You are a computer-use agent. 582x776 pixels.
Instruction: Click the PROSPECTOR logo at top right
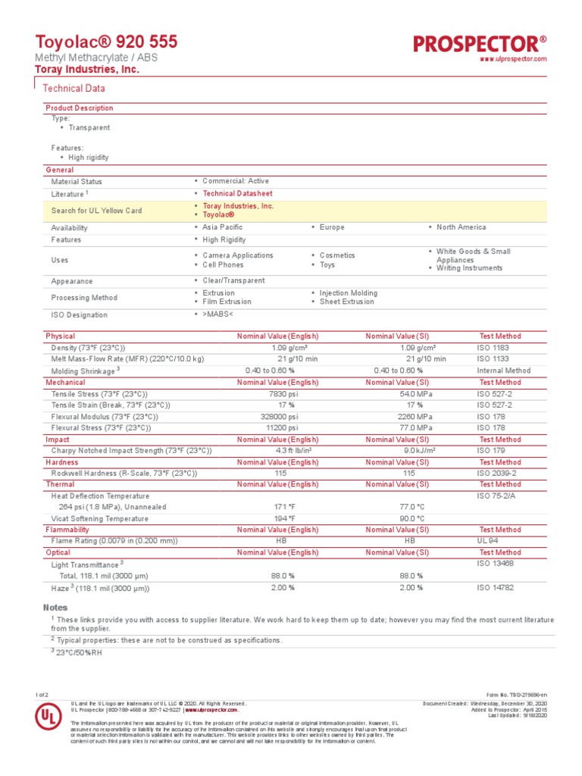(x=480, y=43)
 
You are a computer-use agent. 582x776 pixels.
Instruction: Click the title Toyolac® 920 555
(x=107, y=42)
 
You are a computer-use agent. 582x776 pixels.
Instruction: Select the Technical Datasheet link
(x=237, y=194)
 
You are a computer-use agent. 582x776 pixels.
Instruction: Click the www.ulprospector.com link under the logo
(x=514, y=59)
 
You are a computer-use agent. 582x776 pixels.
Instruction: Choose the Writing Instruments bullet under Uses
(x=469, y=268)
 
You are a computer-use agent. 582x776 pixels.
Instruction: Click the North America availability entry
(x=461, y=227)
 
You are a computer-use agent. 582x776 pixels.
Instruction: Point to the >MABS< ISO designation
(x=218, y=314)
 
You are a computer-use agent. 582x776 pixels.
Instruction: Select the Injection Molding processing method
(x=348, y=293)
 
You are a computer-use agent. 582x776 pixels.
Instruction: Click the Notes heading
(x=55, y=608)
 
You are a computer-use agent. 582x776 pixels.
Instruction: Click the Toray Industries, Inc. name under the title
(x=87, y=70)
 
